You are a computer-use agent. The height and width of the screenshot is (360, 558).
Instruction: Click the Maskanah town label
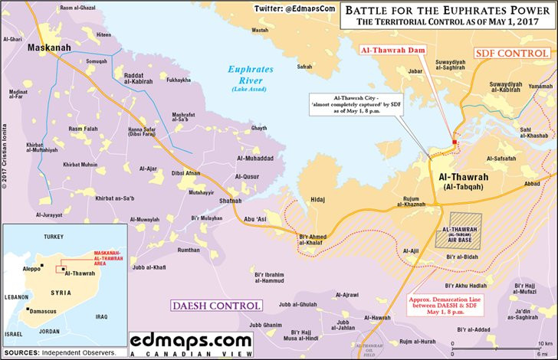point(49,48)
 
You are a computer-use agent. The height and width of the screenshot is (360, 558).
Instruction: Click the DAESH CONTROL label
point(215,306)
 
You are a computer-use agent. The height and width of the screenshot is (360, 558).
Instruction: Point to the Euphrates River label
point(249,74)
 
